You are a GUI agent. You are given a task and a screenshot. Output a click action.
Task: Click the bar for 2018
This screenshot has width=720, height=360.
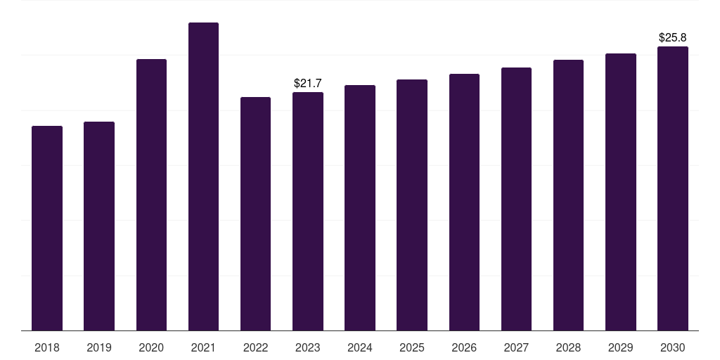[x=47, y=228]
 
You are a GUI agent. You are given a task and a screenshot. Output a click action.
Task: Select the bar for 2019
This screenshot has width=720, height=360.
[x=99, y=226]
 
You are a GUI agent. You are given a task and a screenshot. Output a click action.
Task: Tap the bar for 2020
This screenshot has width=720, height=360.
[x=151, y=195]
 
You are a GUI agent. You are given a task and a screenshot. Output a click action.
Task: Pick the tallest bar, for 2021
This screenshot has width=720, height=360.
[x=203, y=176]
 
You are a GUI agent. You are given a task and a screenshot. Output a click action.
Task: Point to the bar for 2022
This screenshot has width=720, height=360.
[x=255, y=214]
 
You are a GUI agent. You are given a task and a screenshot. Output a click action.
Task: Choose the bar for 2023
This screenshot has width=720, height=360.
[x=308, y=211]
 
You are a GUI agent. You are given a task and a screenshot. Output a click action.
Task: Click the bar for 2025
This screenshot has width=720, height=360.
[x=412, y=205]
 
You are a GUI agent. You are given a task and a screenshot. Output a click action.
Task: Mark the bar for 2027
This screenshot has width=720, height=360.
[x=516, y=199]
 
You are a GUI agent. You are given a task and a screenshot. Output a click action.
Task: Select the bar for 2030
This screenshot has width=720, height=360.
[x=673, y=188]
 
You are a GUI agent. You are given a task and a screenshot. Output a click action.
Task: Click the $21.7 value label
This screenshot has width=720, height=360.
[x=308, y=84]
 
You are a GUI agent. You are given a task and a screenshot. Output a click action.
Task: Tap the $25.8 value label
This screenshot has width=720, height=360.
[x=673, y=37]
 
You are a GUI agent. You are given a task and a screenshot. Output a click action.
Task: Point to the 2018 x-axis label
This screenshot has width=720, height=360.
[x=47, y=347]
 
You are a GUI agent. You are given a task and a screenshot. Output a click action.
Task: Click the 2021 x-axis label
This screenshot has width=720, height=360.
[x=203, y=347]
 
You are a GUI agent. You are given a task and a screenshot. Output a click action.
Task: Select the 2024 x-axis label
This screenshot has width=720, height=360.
[x=360, y=347]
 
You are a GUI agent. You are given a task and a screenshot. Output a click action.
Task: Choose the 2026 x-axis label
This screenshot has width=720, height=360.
[x=464, y=347]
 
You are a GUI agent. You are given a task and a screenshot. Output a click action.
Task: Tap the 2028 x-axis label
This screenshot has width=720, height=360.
[x=568, y=347]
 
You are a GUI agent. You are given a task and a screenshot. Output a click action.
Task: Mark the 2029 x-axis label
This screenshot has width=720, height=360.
[x=621, y=347]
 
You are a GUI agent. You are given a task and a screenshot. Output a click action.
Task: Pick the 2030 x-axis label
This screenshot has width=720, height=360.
[x=673, y=347]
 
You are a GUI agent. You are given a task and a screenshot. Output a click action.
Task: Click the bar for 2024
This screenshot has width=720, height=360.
[x=360, y=207]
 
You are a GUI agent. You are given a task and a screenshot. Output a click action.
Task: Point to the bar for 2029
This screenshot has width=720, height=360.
[x=621, y=192]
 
